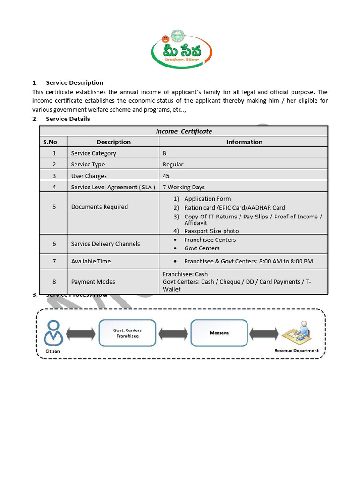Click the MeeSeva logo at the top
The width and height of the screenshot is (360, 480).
pyautogui.click(x=182, y=49)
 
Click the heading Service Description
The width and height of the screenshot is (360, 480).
pyautogui.click(x=74, y=82)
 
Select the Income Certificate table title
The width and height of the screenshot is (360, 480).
pyautogui.click(x=184, y=131)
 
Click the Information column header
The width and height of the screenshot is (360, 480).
pyautogui.click(x=244, y=142)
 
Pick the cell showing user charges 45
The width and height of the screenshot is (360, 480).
pyautogui.click(x=166, y=176)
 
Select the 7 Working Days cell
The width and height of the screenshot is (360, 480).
pyautogui.click(x=184, y=187)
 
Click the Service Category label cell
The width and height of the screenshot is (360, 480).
pyautogui.click(x=93, y=153)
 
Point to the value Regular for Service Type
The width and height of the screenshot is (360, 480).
pyautogui.click(x=173, y=165)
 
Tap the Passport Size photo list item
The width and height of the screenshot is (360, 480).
pyautogui.click(x=211, y=231)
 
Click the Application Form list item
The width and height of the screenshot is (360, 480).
pyautogui.click(x=207, y=199)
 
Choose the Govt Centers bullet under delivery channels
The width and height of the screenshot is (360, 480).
pyautogui.click(x=202, y=248)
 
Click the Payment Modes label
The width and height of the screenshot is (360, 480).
pyautogui.click(x=93, y=282)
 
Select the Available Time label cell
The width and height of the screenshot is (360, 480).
pyautogui.click(x=91, y=261)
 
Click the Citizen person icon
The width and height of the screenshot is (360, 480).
pyautogui.click(x=53, y=332)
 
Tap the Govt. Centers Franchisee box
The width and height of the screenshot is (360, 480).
pyautogui.click(x=127, y=333)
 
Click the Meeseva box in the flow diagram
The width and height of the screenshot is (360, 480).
pyautogui.click(x=219, y=333)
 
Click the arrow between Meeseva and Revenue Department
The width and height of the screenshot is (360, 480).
pyautogui.click(x=264, y=334)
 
